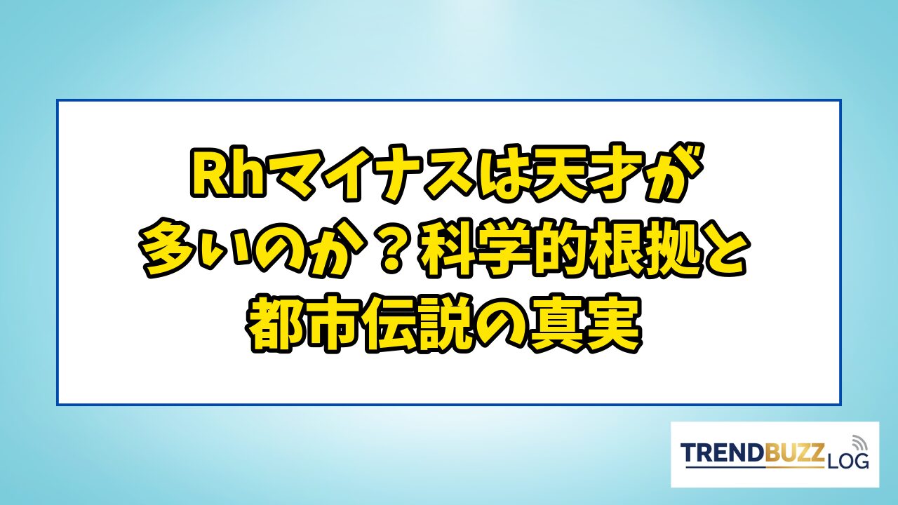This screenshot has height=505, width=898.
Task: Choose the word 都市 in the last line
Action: (304, 323)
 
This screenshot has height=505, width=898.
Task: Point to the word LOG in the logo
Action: (847, 461)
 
